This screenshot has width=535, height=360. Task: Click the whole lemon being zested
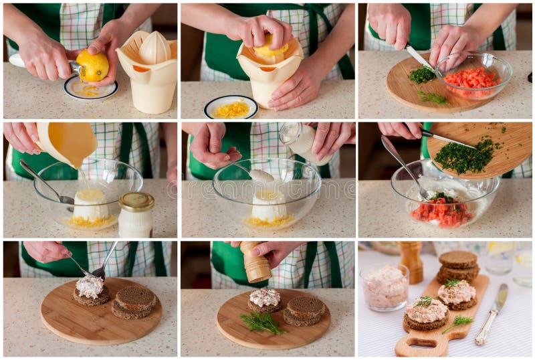[93, 66]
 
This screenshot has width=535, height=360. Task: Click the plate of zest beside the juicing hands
[231, 107]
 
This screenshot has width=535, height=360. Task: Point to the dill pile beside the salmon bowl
[422, 75]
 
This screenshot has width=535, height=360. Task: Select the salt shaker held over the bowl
[302, 142]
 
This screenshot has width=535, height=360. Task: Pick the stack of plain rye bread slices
[458, 266]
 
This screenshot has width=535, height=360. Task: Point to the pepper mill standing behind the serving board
[411, 260]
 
